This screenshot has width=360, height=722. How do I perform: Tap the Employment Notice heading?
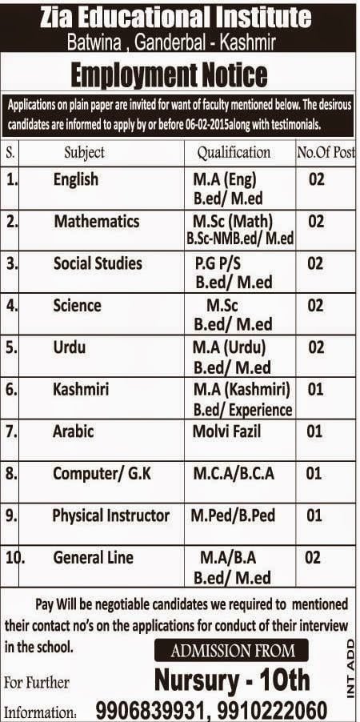(x=169, y=75)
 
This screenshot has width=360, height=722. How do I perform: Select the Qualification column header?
(x=234, y=151)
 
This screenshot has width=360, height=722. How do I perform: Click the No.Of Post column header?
(x=326, y=151)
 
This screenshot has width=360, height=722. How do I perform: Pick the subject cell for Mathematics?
(x=97, y=221)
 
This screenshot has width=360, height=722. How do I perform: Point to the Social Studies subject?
(x=98, y=263)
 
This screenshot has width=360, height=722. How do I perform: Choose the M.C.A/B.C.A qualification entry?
(x=234, y=474)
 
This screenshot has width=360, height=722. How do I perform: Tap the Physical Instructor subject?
(x=110, y=515)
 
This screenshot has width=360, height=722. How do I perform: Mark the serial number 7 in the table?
(x=10, y=431)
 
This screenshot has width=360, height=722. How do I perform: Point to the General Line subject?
(x=94, y=557)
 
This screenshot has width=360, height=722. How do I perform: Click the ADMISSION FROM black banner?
(x=231, y=651)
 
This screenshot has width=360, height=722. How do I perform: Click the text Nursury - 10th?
(x=232, y=680)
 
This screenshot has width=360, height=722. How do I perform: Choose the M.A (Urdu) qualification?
(x=229, y=347)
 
